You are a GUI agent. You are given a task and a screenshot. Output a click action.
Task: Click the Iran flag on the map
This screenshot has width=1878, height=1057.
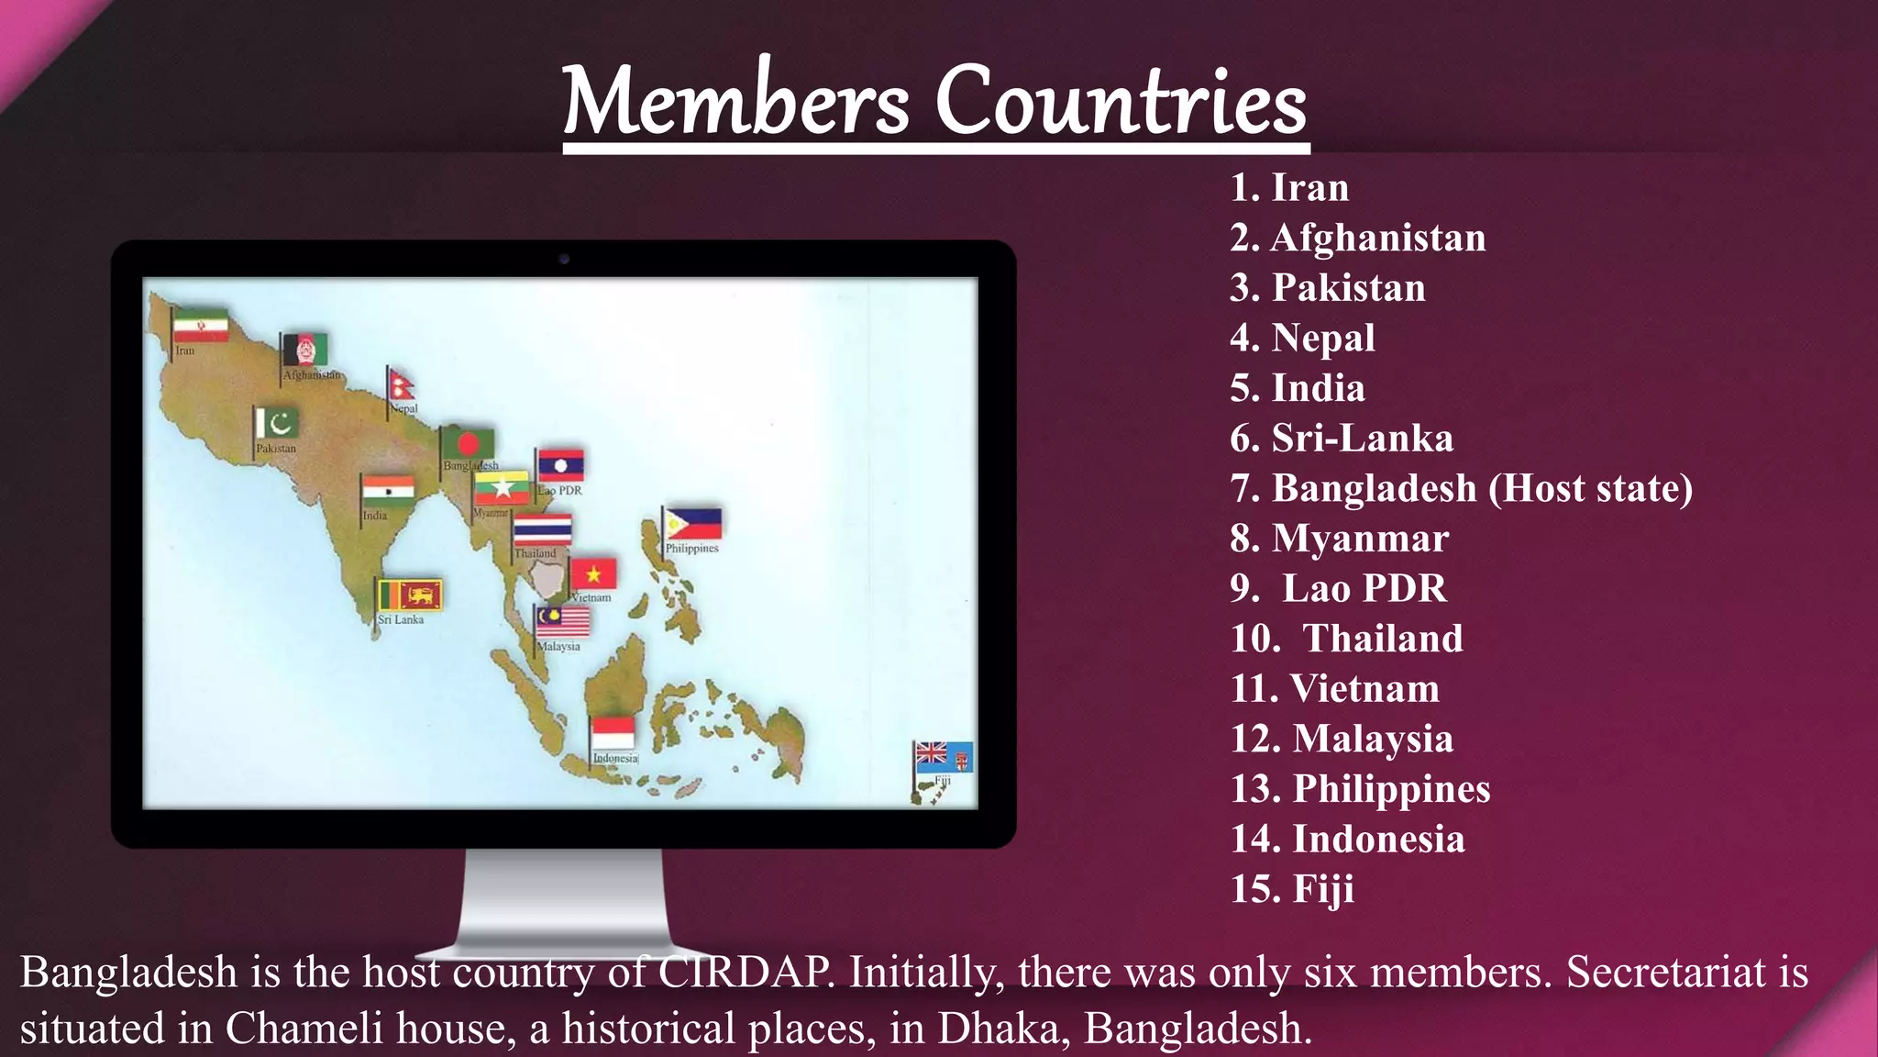coord(201,325)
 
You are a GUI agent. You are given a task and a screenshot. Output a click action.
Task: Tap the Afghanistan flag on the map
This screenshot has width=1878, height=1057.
coord(304,350)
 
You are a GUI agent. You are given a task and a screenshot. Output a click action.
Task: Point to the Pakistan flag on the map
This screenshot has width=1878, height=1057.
coord(277,423)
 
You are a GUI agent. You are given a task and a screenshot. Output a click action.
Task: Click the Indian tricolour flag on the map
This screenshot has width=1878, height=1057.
coord(389,490)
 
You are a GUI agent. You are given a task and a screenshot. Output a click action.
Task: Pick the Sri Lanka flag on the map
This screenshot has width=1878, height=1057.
coord(410,595)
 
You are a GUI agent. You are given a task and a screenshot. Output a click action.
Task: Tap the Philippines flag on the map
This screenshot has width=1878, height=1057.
coord(693,524)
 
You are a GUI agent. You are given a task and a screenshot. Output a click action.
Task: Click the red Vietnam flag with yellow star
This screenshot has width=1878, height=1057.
coord(593,574)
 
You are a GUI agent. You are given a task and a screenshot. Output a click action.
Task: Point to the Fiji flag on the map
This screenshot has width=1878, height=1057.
coord(944,757)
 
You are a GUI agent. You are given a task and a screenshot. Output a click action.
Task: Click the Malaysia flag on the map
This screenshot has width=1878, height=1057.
coord(563,621)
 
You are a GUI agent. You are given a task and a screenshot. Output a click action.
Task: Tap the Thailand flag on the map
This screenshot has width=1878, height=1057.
coord(542,529)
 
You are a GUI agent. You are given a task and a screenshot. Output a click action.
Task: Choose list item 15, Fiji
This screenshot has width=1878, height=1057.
coord(1292,888)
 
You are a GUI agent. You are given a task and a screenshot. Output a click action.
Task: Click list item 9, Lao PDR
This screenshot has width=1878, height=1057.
coord(1339,588)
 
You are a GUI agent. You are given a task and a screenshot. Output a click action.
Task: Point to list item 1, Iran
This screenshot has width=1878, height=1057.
coord(1289,187)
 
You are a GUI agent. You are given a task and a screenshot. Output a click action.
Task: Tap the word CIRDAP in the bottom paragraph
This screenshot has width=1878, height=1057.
coord(744,972)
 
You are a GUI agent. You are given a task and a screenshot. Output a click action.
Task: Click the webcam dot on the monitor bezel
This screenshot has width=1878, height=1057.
coord(564,259)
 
